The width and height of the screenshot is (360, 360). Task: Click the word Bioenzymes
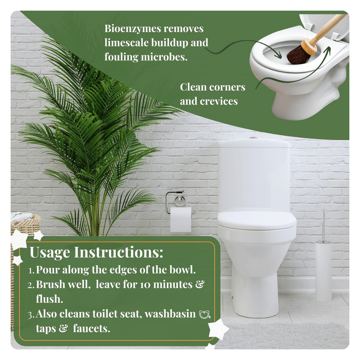tap(132, 29)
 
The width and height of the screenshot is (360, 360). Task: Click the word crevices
tap(219, 101)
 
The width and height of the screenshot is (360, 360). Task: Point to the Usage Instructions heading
tap(96, 253)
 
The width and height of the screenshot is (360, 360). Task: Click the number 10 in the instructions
tap(145, 285)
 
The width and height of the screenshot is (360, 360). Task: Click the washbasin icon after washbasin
tap(204, 314)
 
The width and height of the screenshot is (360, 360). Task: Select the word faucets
tap(91, 329)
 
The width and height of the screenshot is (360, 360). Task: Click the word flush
tap(49, 299)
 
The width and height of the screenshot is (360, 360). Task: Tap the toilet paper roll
tap(181, 219)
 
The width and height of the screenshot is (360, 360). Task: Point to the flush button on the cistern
tap(253, 138)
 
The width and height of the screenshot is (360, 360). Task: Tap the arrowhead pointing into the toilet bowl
tap(279, 56)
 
